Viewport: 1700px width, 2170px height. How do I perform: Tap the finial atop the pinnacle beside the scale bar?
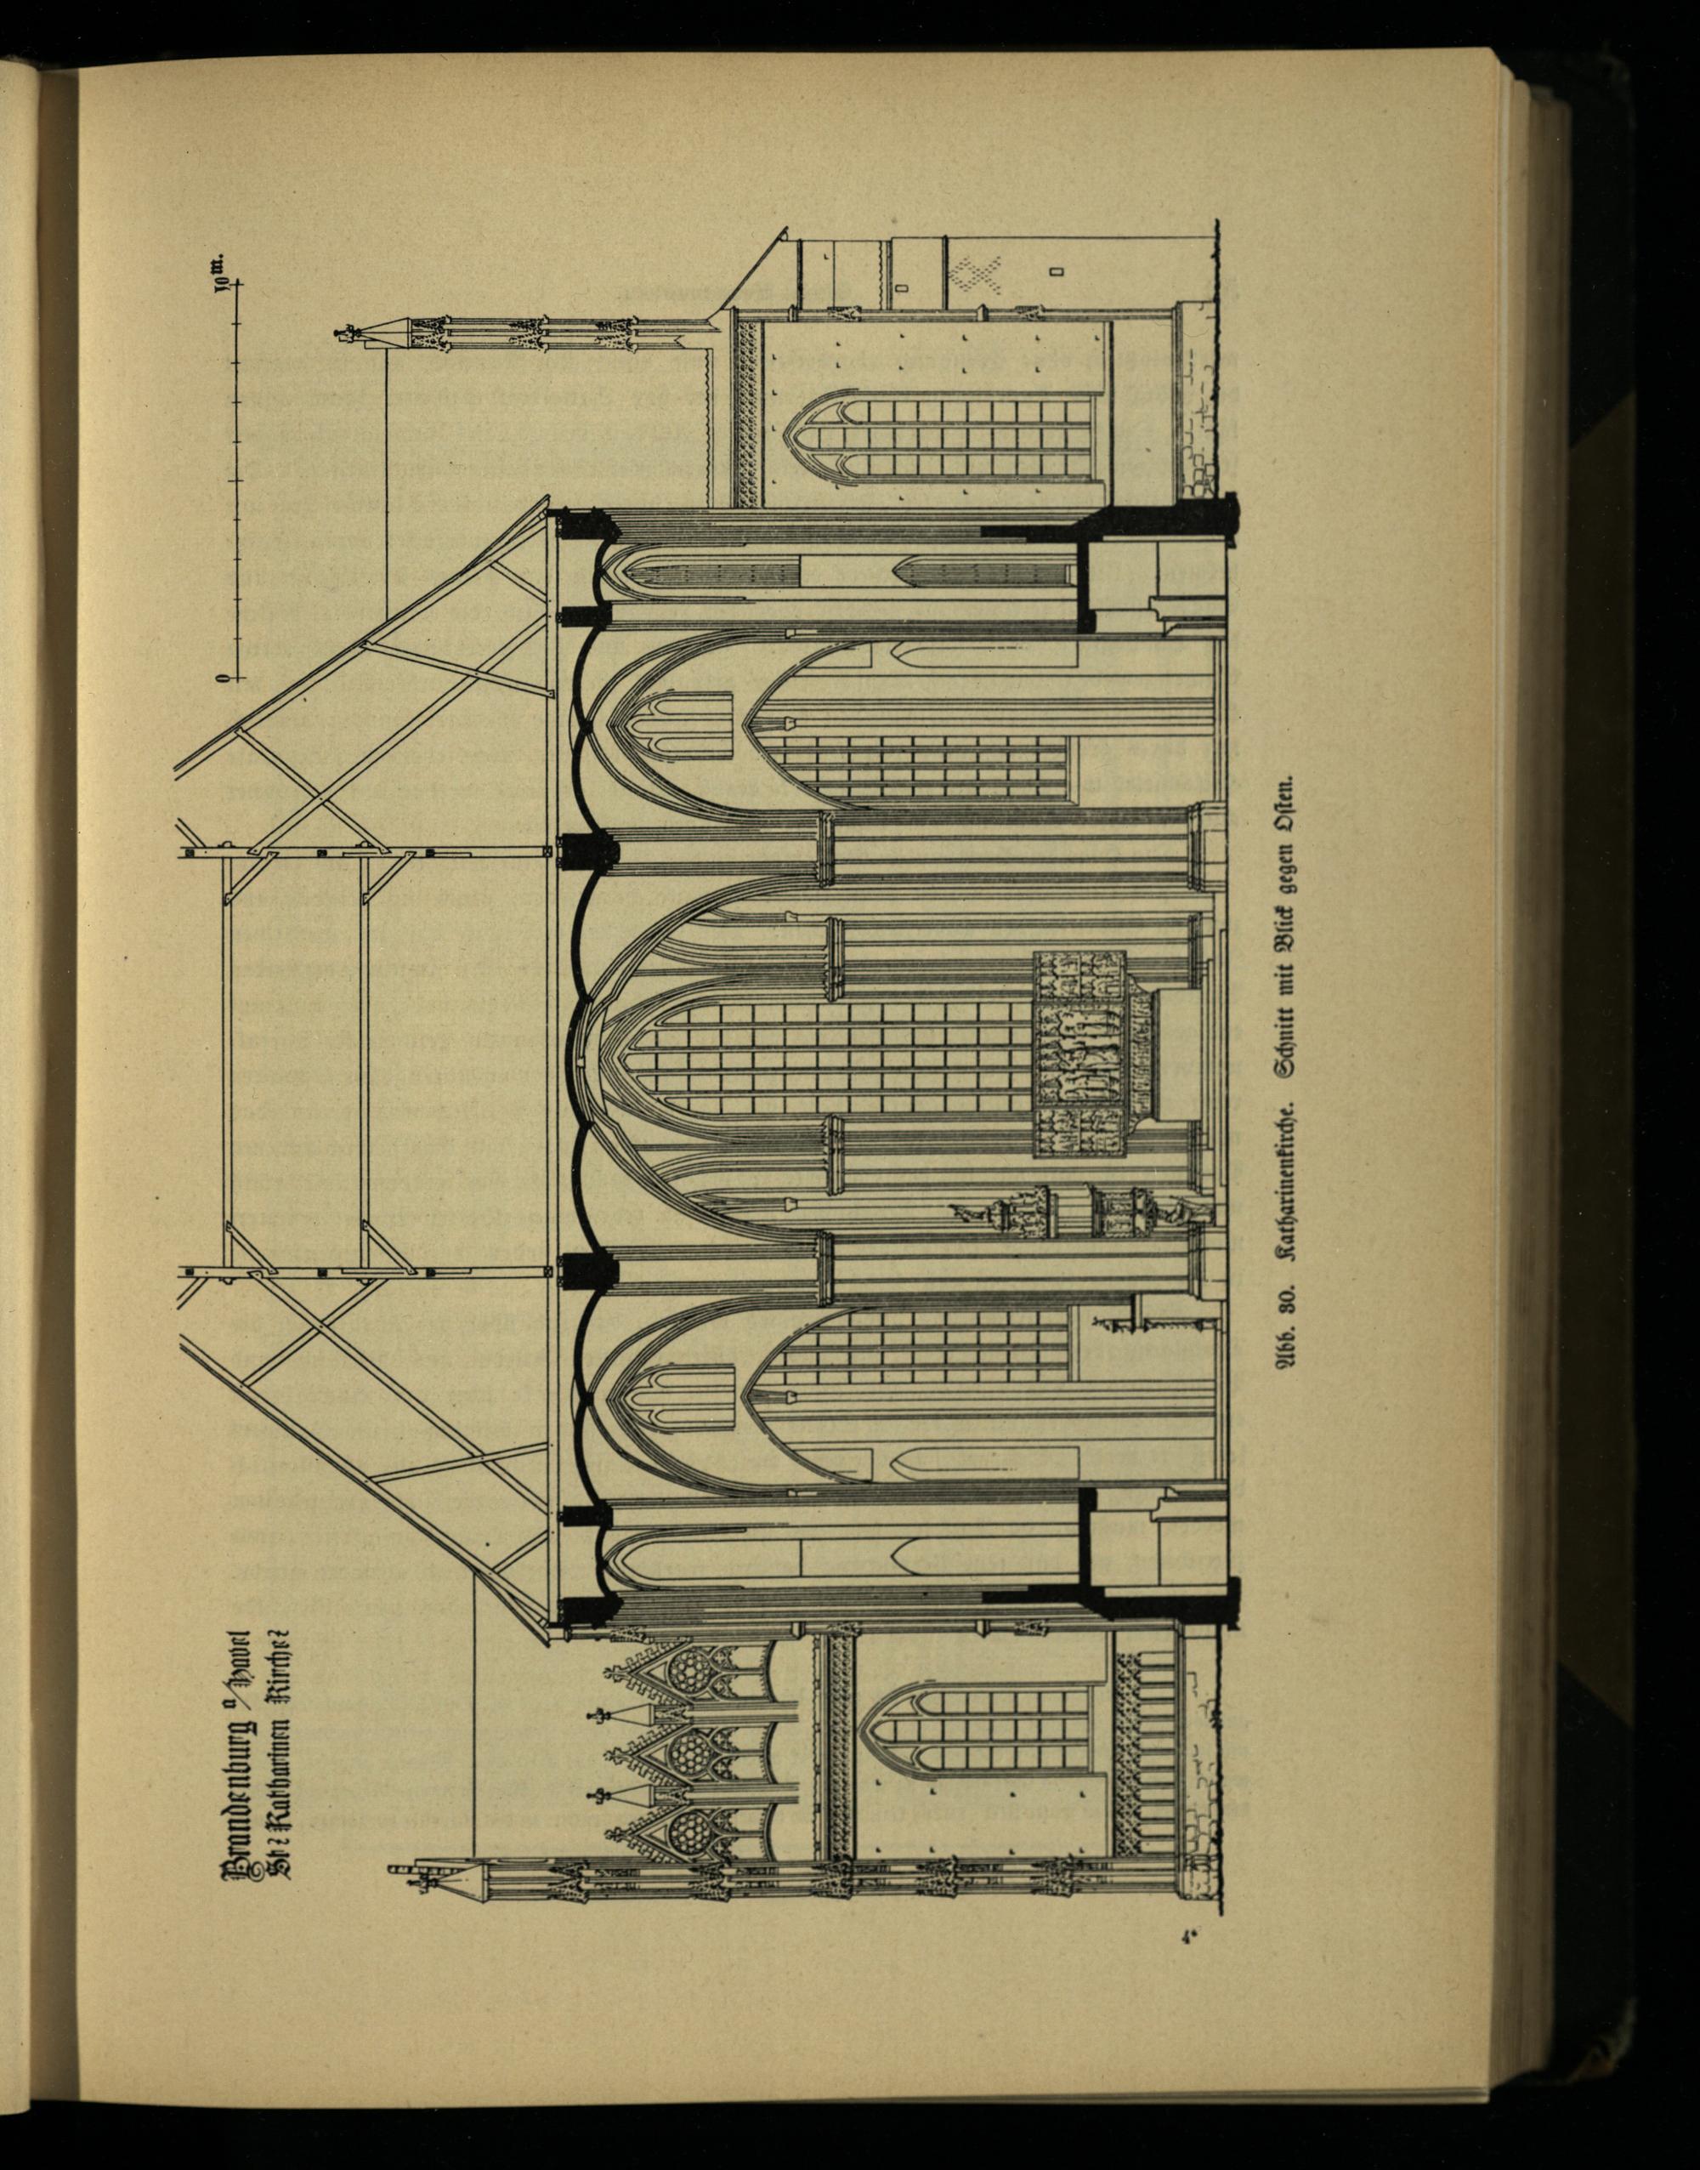pyautogui.click(x=348, y=332)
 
